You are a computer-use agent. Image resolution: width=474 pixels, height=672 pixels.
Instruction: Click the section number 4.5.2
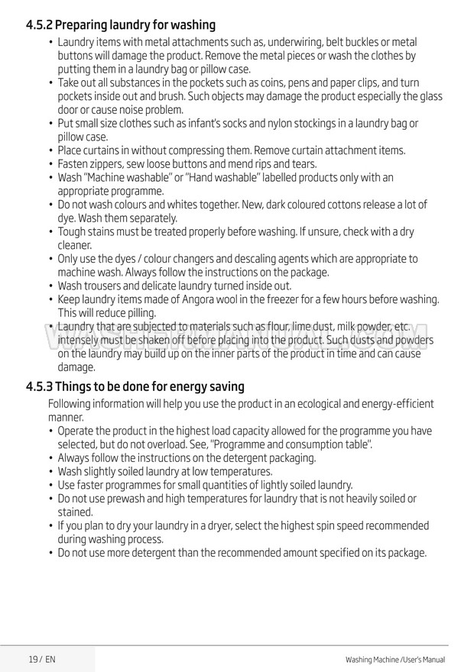click(x=40, y=25)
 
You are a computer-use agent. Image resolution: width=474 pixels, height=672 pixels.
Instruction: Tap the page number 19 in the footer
click(x=33, y=659)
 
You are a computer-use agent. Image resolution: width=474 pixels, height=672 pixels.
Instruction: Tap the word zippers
click(x=112, y=164)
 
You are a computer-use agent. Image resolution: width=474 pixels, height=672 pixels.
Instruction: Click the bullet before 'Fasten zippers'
click(x=50, y=164)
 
